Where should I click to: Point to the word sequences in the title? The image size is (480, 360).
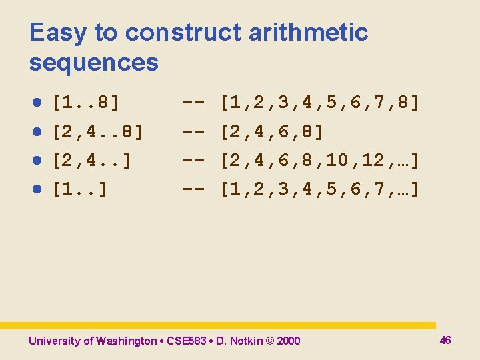pos(94,63)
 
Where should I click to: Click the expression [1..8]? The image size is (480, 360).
pos(86,103)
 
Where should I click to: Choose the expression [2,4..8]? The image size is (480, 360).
pos(97,132)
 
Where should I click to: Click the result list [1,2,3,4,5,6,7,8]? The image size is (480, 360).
pos(320,103)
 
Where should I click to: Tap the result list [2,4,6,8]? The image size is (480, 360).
pos(272,132)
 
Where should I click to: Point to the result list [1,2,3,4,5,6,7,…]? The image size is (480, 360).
pos(320,190)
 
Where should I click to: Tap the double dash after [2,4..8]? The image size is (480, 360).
pos(193,132)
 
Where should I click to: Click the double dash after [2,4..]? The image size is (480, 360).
pos(193,161)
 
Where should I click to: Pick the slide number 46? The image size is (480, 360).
pos(445,341)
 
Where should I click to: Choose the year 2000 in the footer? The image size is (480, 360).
pos(288,341)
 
